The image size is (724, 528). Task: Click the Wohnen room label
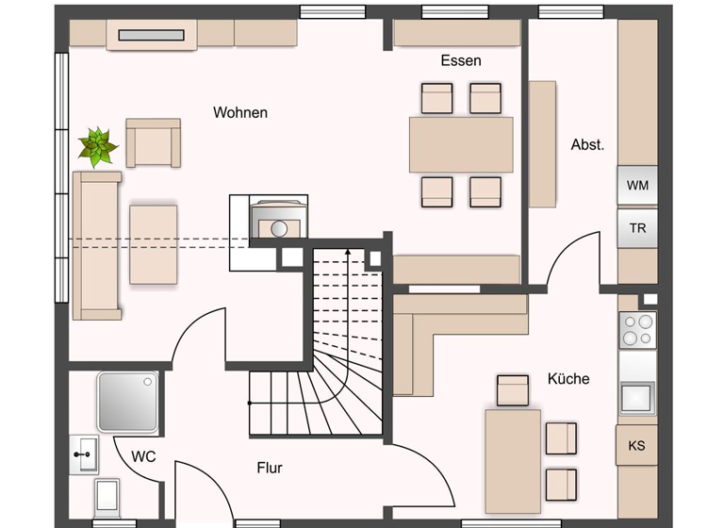coord(239,112)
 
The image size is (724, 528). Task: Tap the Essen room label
coord(460,60)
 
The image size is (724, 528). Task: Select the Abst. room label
coord(587,145)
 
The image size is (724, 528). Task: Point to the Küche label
coord(568,378)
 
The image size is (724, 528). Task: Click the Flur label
coord(269,467)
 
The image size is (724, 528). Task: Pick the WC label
coord(143,456)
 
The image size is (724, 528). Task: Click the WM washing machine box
coord(637,185)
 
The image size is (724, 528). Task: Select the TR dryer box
coord(637,228)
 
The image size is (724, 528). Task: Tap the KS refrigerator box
coord(636,444)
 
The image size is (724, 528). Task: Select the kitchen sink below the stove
coord(637,396)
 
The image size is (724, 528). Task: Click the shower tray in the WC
coord(124,402)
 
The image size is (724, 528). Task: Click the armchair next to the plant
coord(154,143)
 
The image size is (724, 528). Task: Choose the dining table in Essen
coord(461,144)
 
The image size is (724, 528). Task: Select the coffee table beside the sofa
coord(154,243)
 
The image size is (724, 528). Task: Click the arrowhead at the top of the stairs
coord(349,253)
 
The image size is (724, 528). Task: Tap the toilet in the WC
coord(106,495)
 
